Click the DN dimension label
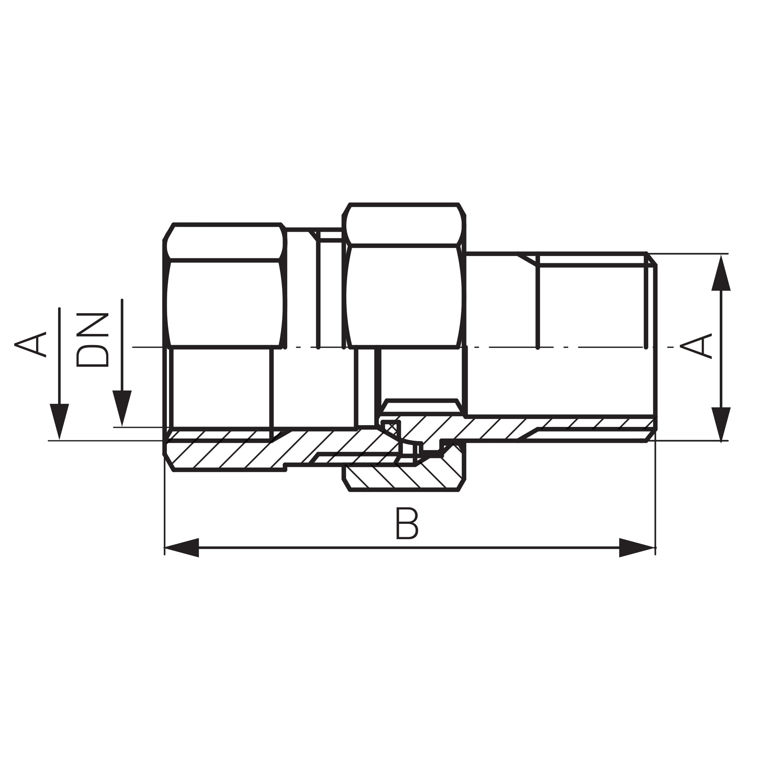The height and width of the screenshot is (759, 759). pos(92,340)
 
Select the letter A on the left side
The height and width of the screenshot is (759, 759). pos(30,345)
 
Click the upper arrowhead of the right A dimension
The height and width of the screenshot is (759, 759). pos(721,274)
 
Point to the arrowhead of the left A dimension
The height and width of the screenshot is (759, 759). pos(59,420)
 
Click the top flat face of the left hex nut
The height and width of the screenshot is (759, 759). pos(225,242)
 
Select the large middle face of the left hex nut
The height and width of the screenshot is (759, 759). pos(225,303)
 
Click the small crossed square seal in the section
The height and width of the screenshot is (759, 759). pos(391,428)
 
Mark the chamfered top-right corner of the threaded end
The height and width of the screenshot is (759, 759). pos(651,259)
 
